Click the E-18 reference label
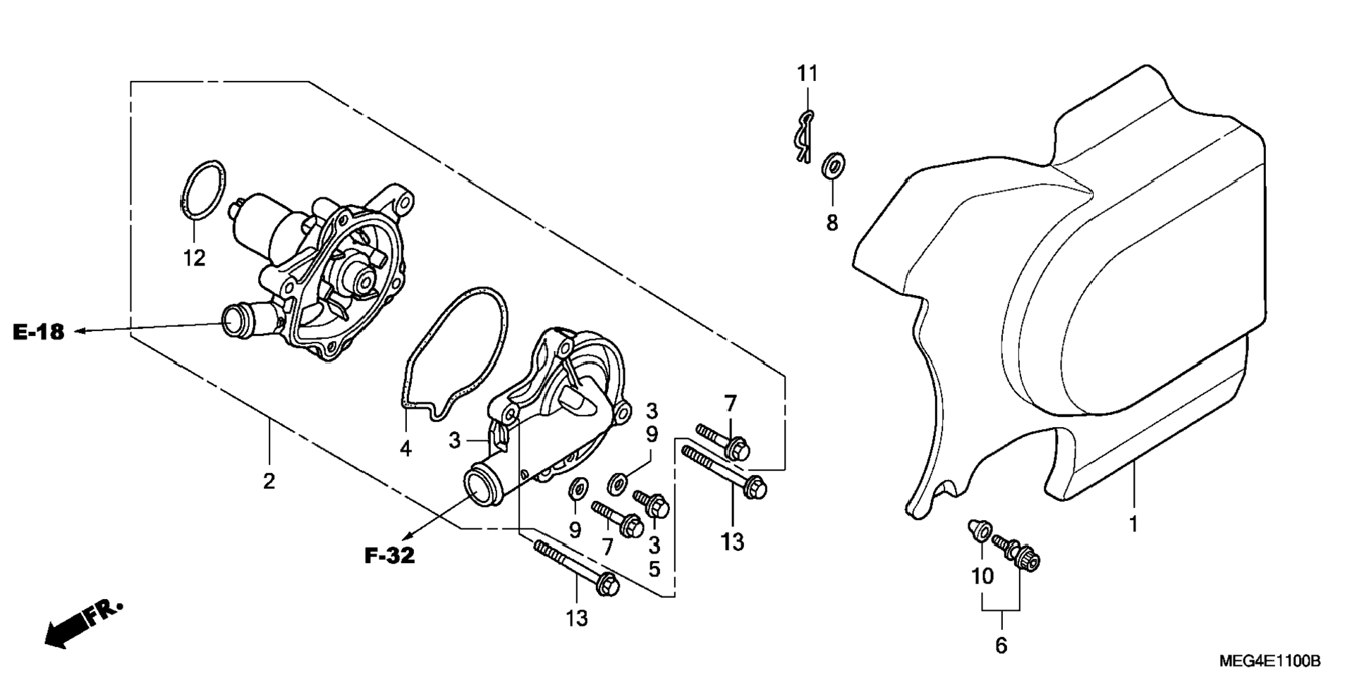coord(38,332)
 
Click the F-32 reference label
coord(389,556)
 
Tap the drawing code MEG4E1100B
coord(1270,661)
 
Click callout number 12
coord(195,259)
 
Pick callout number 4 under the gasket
coord(406,448)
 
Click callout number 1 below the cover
coord(1133,525)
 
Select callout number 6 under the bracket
coord(1001,645)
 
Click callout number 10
coord(982,576)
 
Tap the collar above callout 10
coord(979,531)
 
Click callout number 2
coord(269,482)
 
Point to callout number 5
coord(654,569)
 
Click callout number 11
coord(808,73)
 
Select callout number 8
coord(832,223)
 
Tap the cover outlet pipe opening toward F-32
coord(479,486)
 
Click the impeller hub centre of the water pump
coord(365,282)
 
